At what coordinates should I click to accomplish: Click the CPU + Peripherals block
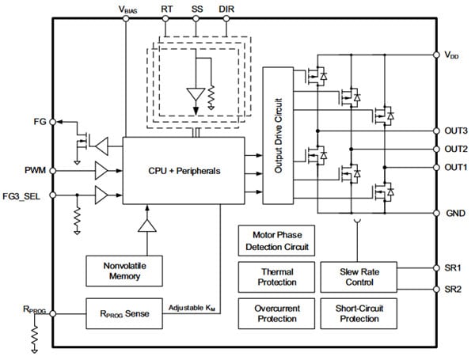pos(184,170)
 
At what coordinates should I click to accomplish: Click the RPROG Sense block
pos(123,313)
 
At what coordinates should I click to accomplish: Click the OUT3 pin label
pos(455,131)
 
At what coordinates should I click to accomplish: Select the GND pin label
pos(454,214)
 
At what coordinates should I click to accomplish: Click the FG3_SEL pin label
pos(25,194)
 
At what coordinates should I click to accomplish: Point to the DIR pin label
pos(227,9)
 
